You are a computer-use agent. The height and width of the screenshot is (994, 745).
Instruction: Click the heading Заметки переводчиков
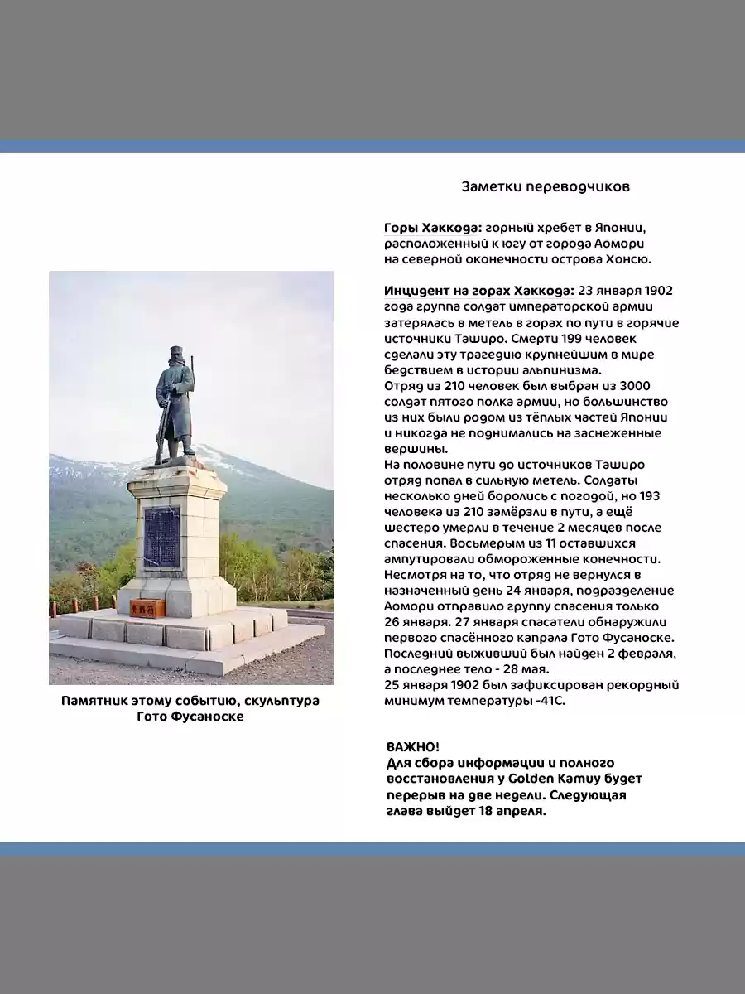click(546, 186)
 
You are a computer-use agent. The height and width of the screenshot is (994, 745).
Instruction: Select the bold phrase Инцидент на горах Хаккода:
click(478, 291)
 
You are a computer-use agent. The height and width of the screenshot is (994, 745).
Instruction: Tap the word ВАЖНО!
click(413, 747)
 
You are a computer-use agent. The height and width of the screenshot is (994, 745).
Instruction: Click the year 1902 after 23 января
click(658, 291)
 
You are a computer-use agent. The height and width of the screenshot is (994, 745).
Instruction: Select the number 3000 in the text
click(635, 386)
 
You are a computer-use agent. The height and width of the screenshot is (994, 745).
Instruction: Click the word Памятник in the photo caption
click(94, 701)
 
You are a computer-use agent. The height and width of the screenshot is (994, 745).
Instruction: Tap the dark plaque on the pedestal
click(161, 537)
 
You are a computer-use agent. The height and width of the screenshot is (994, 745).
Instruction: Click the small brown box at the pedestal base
click(147, 607)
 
